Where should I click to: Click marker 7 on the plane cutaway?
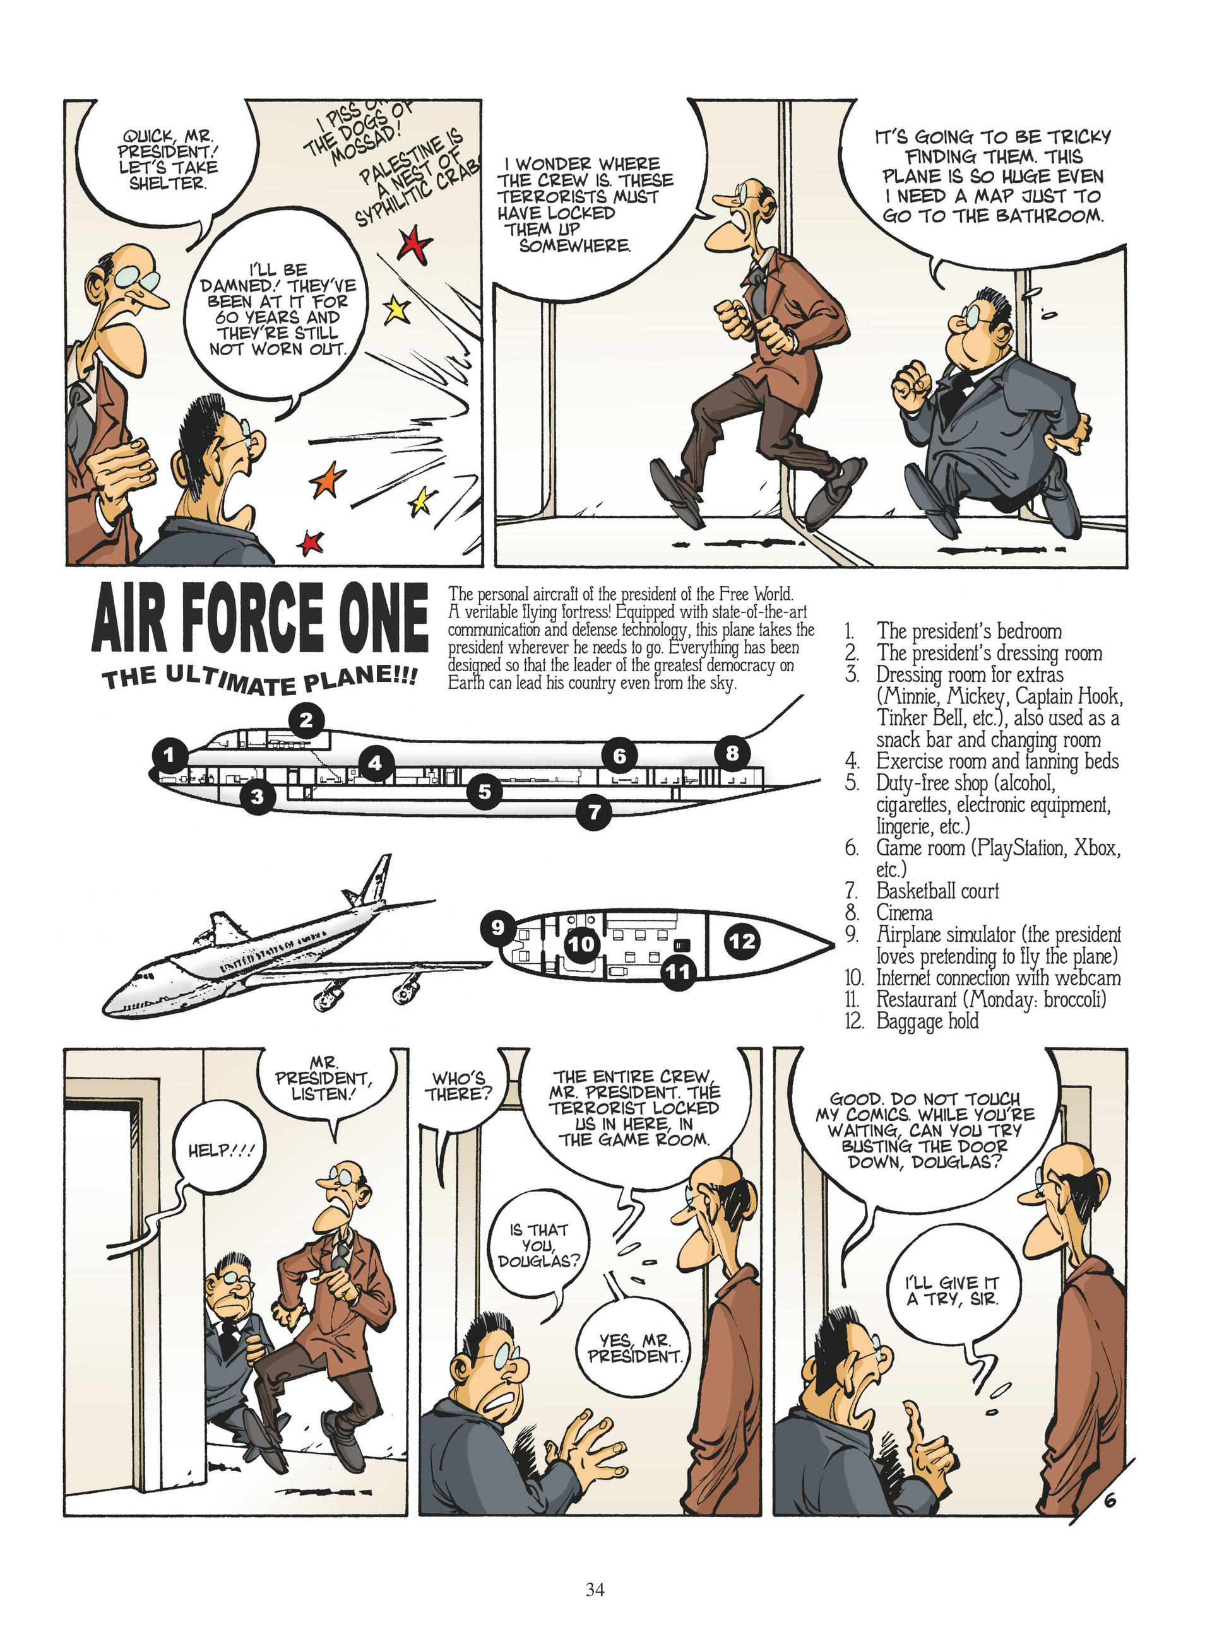(593, 812)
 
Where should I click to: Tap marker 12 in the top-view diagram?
(742, 941)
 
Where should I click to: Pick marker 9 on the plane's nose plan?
(498, 927)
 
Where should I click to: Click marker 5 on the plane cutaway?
(485, 791)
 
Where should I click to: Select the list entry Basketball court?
(937, 891)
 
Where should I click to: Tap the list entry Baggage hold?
(927, 1021)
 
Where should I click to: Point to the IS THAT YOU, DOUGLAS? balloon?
(538, 1245)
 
